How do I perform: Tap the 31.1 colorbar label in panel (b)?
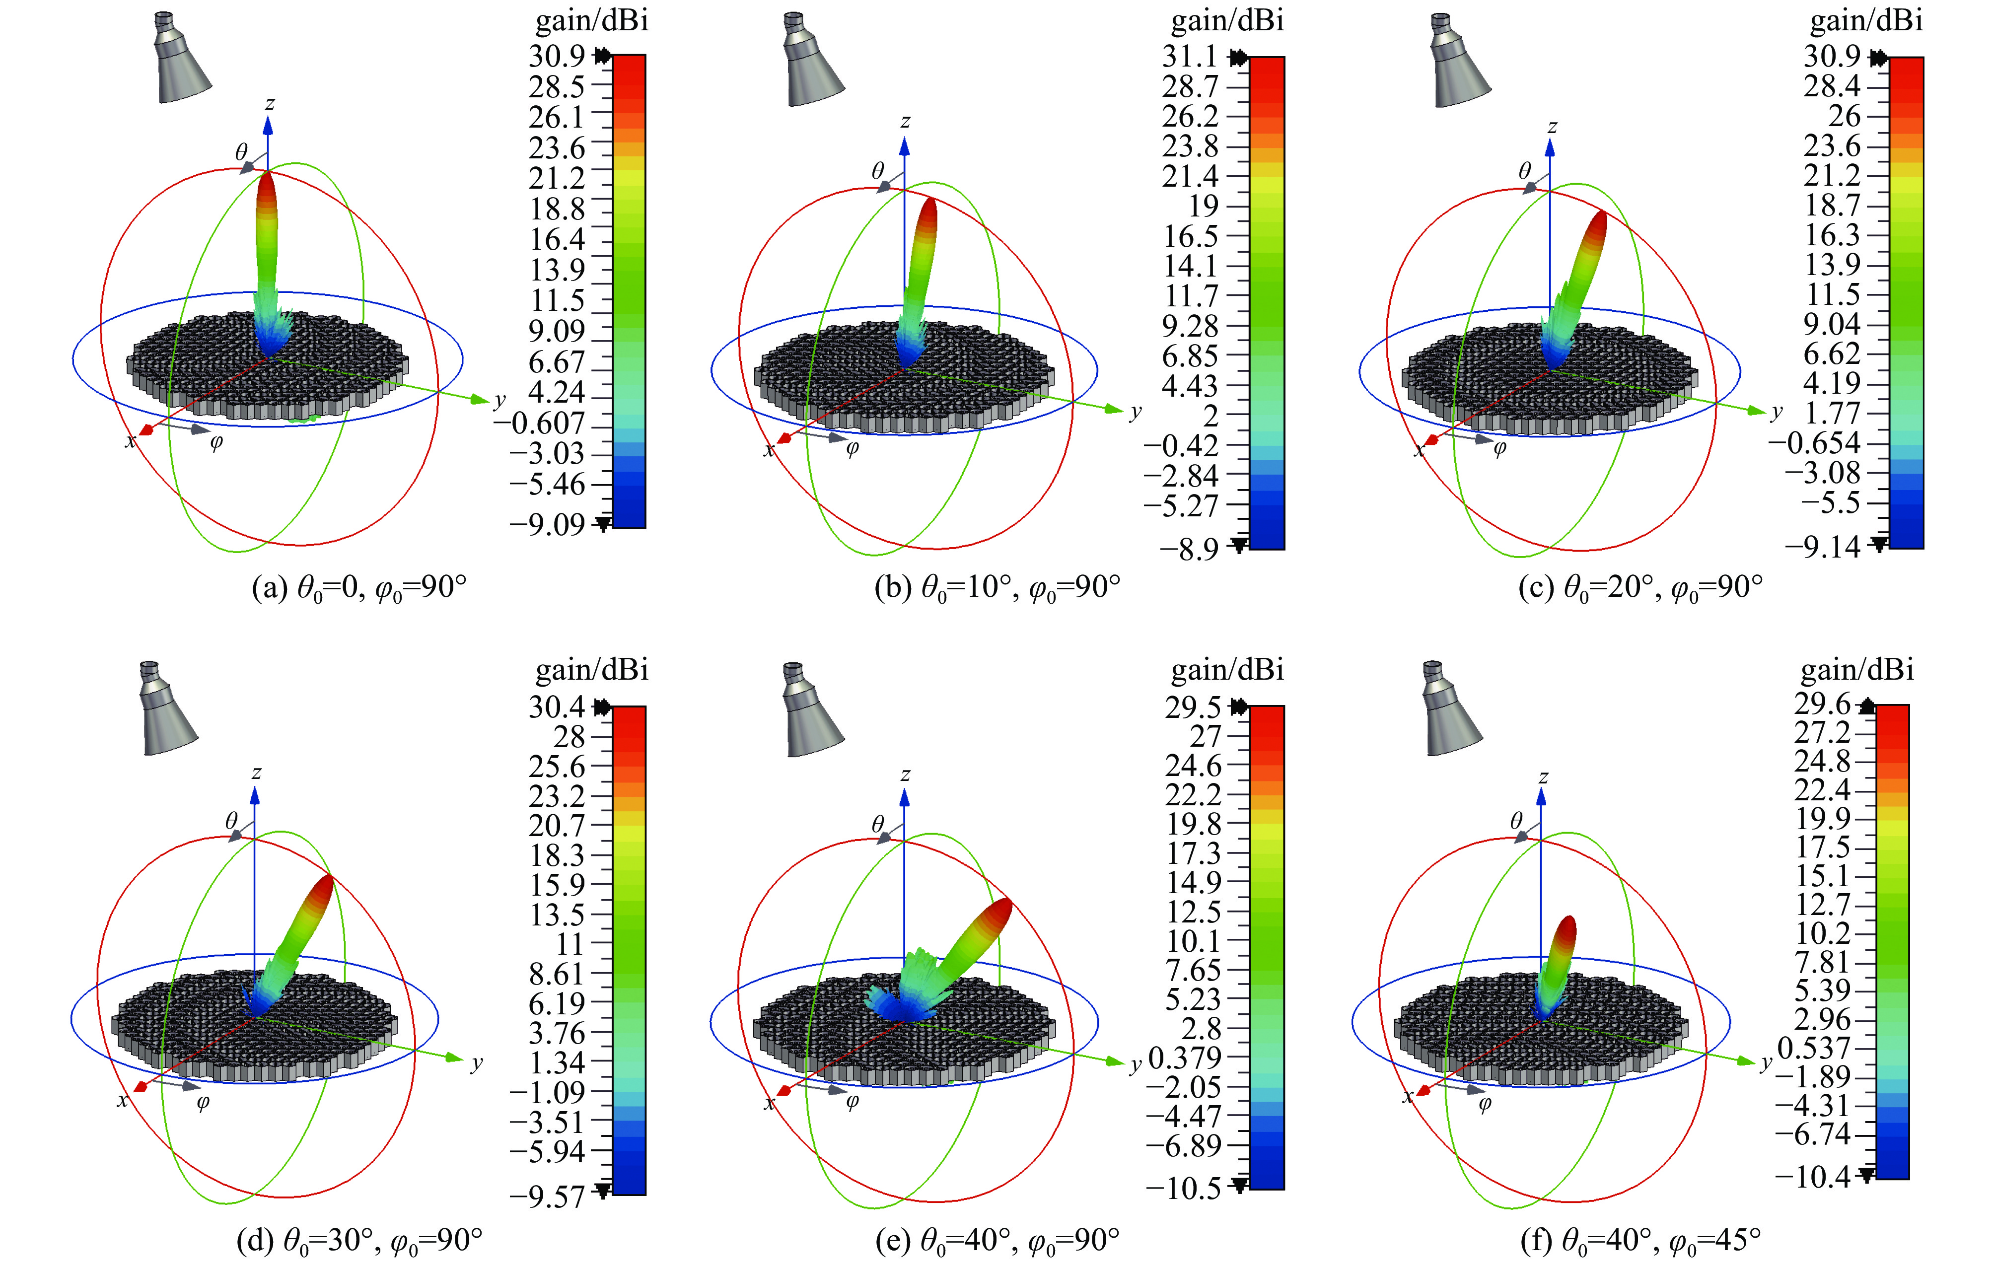coord(1190,56)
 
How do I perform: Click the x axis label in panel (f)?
coord(1407,1097)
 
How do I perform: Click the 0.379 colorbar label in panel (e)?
coord(1185,1057)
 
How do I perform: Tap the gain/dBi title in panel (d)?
coord(592,669)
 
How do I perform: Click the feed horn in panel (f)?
coord(1451,710)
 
